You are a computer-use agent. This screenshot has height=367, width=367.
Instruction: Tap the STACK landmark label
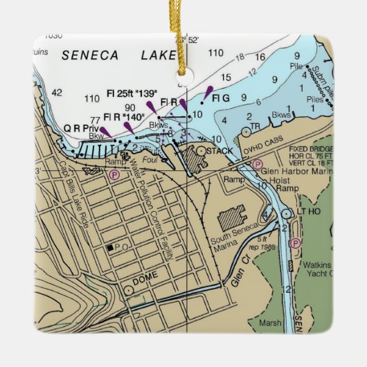click(220, 150)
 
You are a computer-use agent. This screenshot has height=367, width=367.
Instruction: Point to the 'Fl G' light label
click(221, 99)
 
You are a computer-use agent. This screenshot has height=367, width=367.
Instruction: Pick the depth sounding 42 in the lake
click(57, 92)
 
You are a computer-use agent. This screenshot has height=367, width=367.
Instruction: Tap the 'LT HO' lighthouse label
click(310, 212)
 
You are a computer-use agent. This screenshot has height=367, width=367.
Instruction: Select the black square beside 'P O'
click(109, 247)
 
